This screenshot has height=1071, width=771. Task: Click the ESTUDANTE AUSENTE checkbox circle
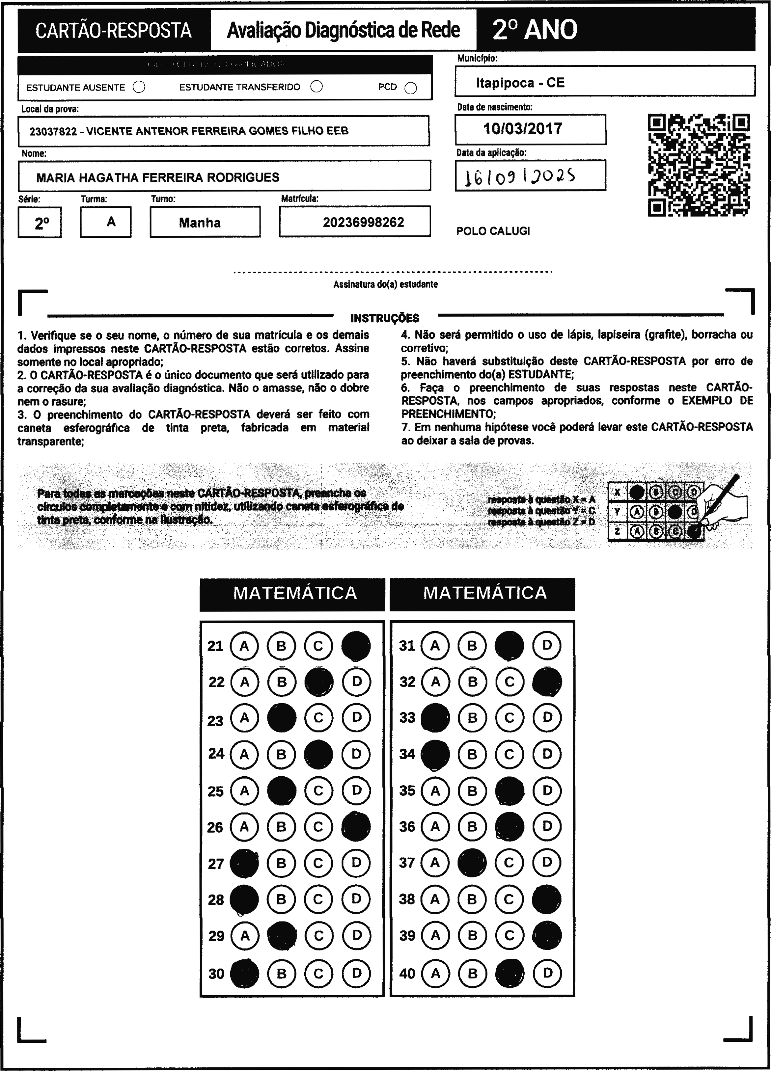[139, 87]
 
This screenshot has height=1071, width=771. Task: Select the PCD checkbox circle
[411, 88]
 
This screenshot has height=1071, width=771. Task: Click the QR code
[699, 165]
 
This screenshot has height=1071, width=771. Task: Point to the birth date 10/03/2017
[522, 129]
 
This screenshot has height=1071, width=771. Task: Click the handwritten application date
[520, 176]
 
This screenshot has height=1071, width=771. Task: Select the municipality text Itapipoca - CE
[520, 83]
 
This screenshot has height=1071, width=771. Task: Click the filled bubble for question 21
[356, 646]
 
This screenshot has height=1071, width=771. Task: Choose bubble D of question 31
[547, 646]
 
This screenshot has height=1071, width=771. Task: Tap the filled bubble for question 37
[472, 863]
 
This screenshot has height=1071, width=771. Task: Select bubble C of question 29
[318, 935]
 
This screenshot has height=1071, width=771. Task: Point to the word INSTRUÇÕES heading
[385, 318]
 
